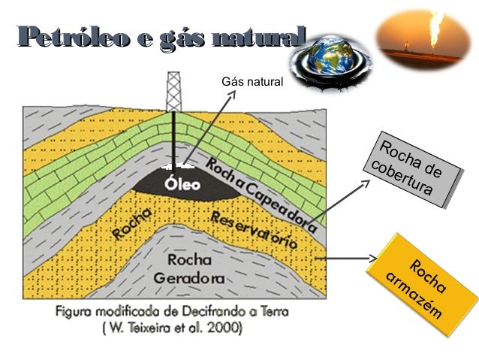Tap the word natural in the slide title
click(260, 36)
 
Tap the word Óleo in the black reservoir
click(182, 183)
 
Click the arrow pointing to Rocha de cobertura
click(342, 198)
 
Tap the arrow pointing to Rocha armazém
click(345, 259)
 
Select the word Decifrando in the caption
click(218, 313)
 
